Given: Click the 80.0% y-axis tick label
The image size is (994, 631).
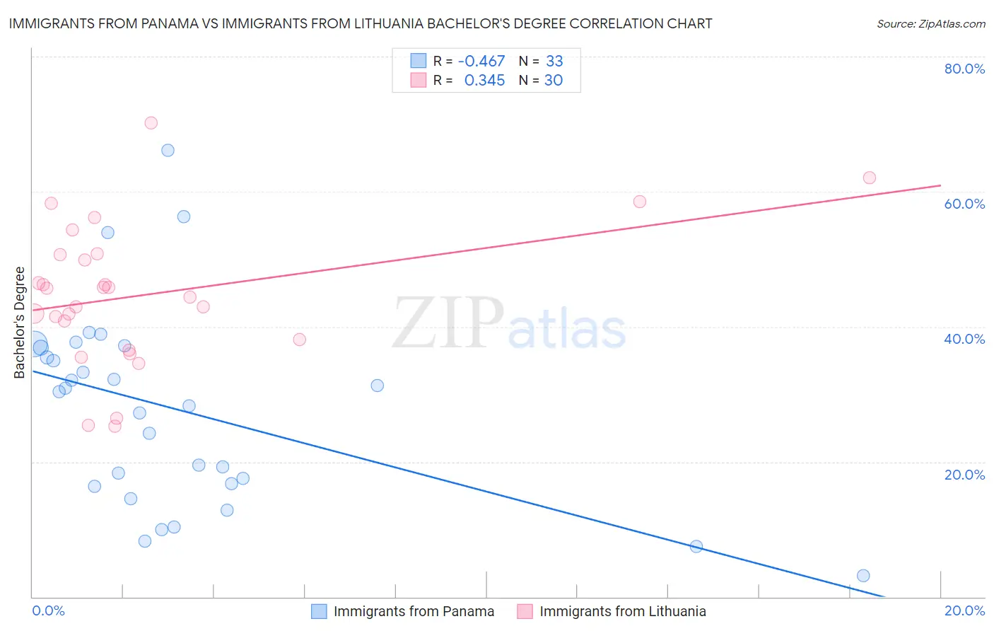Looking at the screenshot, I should [964, 69].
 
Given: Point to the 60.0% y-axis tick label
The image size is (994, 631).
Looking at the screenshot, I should [964, 204].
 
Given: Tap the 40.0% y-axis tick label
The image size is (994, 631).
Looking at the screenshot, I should [964, 339].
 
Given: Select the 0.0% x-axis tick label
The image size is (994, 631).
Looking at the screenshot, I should [48, 610].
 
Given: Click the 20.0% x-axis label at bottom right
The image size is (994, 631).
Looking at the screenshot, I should [964, 610].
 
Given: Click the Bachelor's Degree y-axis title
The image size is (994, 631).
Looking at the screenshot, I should [20, 323].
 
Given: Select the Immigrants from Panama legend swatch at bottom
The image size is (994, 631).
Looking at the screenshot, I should [319, 611].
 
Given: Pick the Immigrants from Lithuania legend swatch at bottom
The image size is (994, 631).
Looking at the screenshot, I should [525, 611].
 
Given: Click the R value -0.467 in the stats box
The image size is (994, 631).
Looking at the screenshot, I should [481, 62].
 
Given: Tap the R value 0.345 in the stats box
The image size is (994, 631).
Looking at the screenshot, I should [484, 81].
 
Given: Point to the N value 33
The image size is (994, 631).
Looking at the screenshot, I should [554, 62].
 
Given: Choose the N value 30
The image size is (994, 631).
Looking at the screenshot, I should [554, 81].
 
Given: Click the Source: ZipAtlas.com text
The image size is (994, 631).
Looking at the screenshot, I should [930, 24].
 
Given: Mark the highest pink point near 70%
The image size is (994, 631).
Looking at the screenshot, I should [151, 123].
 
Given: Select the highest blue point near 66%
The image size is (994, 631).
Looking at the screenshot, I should [168, 150].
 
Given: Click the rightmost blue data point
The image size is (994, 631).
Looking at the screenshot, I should [863, 576].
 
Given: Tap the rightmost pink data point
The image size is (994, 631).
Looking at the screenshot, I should [870, 178].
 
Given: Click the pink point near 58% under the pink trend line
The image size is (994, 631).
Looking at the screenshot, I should [640, 202].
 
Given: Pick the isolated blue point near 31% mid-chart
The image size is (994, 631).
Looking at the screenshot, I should [378, 386].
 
